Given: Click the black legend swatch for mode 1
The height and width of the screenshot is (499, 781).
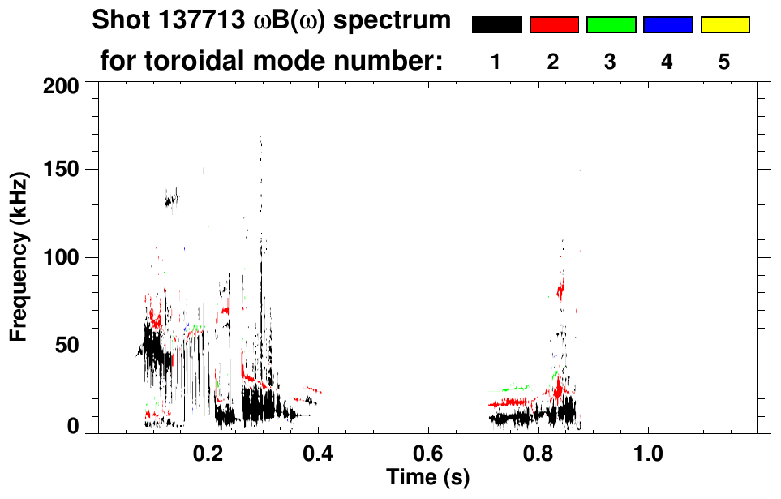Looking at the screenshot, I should [x=496, y=25].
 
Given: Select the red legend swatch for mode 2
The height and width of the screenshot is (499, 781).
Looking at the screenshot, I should [x=554, y=25].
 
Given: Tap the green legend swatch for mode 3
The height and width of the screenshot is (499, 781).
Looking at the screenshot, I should [x=611, y=25].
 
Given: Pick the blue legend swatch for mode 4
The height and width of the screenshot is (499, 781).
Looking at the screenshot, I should [x=667, y=25].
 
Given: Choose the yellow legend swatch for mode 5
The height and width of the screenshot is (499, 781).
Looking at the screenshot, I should [x=724, y=25].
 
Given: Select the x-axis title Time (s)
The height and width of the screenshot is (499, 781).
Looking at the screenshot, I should [x=427, y=477].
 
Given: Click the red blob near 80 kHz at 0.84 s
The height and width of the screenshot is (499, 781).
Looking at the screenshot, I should [x=560, y=288].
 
